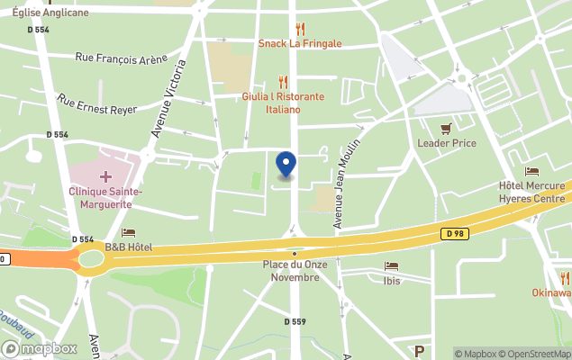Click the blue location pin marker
click(x=286, y=165)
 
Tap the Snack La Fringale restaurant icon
click(x=300, y=29)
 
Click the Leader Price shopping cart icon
click(x=446, y=129)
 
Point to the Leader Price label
click(x=446, y=143)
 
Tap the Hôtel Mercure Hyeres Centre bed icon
click(x=531, y=172)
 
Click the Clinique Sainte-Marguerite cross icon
click(x=105, y=176)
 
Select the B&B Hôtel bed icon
click(x=128, y=233)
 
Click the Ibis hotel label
click(x=392, y=281)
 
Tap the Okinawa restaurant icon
click(x=565, y=278)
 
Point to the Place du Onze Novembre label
click(x=291, y=271)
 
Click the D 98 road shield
click(x=453, y=234)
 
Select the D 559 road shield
click(x=295, y=321)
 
